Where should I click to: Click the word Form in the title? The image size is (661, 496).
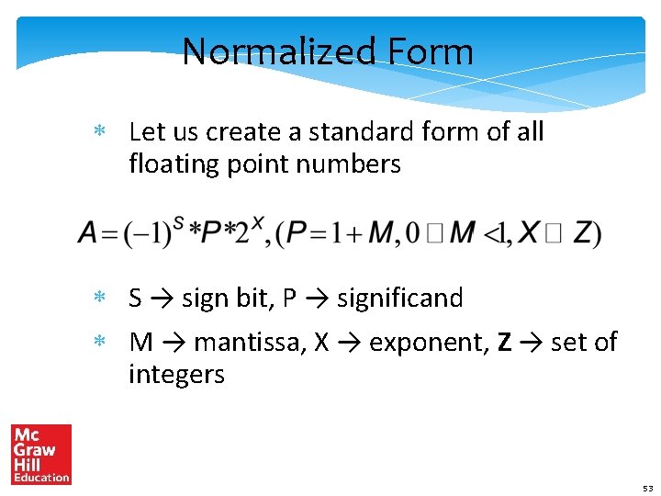[x=430, y=51]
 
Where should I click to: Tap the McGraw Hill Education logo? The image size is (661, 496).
[x=40, y=454]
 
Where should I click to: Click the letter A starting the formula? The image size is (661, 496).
[x=88, y=233]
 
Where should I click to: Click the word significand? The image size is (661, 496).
[x=400, y=298]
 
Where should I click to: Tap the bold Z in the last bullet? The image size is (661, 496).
[x=504, y=343]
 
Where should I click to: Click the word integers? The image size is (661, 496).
[x=176, y=375]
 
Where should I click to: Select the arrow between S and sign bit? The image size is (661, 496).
[x=162, y=299]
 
